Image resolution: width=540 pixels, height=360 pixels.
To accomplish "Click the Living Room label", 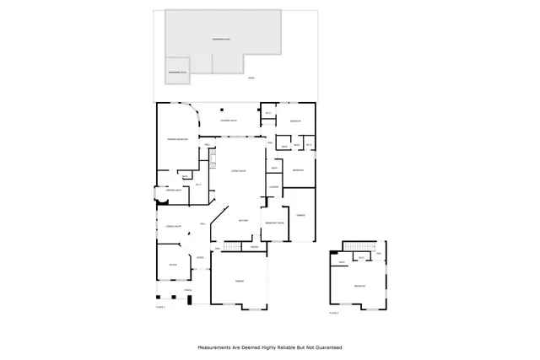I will pyautogui.click(x=238, y=171).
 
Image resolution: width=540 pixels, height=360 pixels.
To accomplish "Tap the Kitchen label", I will pyautogui.click(x=242, y=220).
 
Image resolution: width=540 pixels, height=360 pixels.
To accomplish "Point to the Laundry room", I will pyautogui.click(x=273, y=186).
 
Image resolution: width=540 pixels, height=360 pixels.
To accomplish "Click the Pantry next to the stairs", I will pyautogui.click(x=254, y=247).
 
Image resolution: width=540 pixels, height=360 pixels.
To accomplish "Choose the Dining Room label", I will pyautogui.click(x=174, y=227).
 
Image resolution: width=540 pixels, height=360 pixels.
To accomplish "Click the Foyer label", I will pyautogui.click(x=199, y=256).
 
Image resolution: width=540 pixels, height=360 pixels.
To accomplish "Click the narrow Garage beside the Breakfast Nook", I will pyautogui.click(x=299, y=215).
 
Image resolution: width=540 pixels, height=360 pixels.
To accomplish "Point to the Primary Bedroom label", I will pyautogui.click(x=175, y=139).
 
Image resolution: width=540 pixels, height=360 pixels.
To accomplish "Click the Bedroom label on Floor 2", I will pyautogui.click(x=359, y=287).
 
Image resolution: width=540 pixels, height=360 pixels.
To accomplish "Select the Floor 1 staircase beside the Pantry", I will pyautogui.click(x=231, y=246).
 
